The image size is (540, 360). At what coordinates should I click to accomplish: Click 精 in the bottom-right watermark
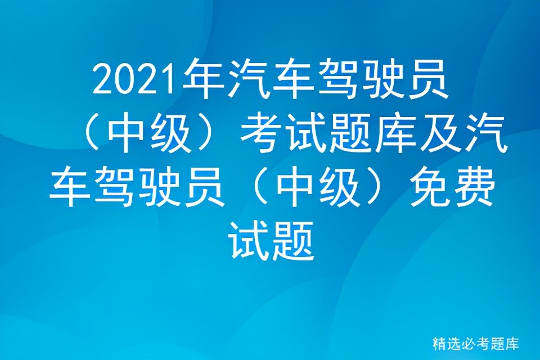pyautogui.click(x=439, y=343)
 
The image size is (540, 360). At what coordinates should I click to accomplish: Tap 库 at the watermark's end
pyautogui.click(x=511, y=343)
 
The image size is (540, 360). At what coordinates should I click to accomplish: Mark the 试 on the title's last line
pyautogui.click(x=247, y=242)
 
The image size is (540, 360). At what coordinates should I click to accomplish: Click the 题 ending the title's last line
pyautogui.click(x=293, y=242)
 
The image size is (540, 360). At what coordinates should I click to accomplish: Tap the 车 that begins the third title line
pyautogui.click(x=71, y=188)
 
